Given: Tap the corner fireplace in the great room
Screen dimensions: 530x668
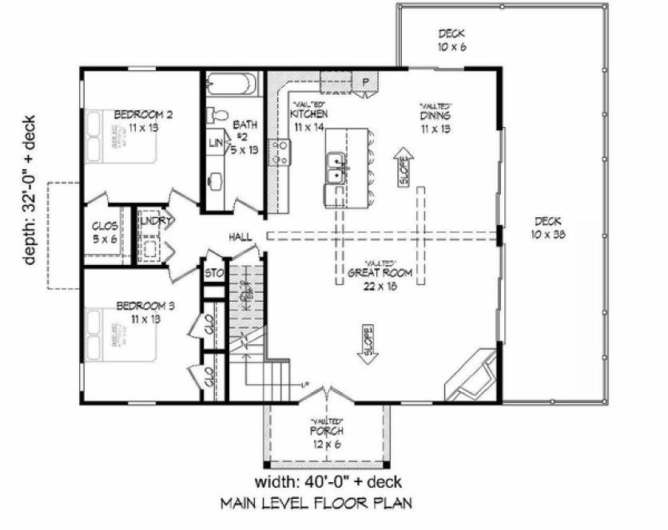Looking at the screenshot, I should pyautogui.click(x=471, y=374).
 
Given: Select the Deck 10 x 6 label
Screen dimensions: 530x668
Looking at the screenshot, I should pyautogui.click(x=451, y=41).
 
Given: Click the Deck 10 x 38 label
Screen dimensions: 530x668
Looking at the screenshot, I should pyautogui.click(x=547, y=227).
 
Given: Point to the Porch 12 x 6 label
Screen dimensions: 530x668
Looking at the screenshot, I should pyautogui.click(x=328, y=437).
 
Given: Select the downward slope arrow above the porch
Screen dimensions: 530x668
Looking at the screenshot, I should pyautogui.click(x=368, y=342).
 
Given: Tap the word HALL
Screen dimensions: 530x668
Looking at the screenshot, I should pyautogui.click(x=241, y=237).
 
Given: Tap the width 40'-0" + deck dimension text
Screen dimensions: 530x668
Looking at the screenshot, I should pyautogui.click(x=328, y=482).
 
